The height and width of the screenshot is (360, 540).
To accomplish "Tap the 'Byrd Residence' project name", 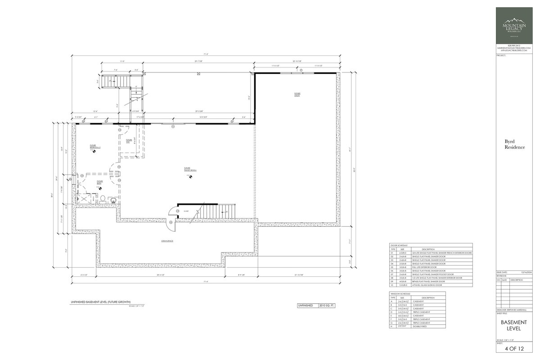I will pos(514,144).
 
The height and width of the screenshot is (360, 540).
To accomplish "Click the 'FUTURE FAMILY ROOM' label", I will pos(189,170).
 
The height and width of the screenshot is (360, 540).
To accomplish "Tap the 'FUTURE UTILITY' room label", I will pos(297,94).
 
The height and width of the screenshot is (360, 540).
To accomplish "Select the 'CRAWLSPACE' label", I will pos(167,241).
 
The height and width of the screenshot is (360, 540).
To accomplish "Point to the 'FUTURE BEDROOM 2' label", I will pos(94,147).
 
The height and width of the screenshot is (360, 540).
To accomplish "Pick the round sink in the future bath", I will pos(112,199).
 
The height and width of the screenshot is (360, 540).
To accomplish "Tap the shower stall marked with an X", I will pos(84,199).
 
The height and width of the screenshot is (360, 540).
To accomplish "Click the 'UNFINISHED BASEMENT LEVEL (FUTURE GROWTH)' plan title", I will pos(100,301).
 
